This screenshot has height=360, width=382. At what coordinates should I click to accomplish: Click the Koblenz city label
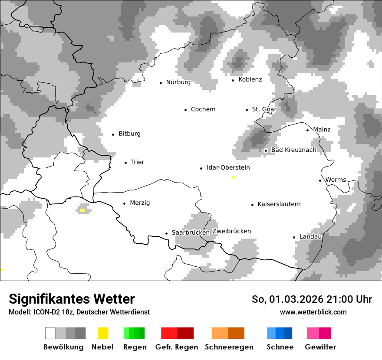click(x=250, y=79)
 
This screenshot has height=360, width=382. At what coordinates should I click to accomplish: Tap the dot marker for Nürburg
click(x=161, y=82)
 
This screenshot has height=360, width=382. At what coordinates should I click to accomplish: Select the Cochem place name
click(x=203, y=109)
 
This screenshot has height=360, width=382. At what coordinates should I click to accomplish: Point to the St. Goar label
click(x=264, y=109)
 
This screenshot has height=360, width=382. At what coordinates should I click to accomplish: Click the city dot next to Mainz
click(x=308, y=130)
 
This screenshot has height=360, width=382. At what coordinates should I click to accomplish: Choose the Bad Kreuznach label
click(x=293, y=150)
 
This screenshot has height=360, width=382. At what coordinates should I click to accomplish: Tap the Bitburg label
click(x=129, y=134)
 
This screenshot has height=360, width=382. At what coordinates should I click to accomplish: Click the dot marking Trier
click(x=125, y=163)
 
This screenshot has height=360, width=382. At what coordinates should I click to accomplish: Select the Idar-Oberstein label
click(x=228, y=167)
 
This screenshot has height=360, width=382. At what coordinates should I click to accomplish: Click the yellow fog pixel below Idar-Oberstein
click(x=234, y=177)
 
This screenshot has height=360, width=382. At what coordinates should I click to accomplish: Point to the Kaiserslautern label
click(x=279, y=204)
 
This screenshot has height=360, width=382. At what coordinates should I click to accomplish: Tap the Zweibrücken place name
click(x=231, y=231)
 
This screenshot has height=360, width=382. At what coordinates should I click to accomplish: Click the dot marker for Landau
click(x=294, y=237)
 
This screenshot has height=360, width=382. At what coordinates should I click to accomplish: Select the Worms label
click(x=336, y=180)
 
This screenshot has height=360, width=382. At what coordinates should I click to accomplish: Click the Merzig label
click(x=140, y=203)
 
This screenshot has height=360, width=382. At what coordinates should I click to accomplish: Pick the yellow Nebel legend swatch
click(x=103, y=333)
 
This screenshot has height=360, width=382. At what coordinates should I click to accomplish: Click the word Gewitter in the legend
click(x=320, y=347)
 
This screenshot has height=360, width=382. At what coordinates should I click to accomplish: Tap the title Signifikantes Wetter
click(x=72, y=299)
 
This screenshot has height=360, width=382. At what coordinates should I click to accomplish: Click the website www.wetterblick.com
click(x=313, y=312)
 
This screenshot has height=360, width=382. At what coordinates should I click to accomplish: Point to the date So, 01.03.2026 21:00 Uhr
click(x=312, y=299)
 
